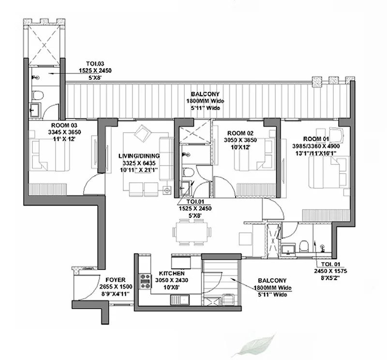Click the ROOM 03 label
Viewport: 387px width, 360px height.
click(64, 125)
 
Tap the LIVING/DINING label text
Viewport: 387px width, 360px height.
click(139, 156)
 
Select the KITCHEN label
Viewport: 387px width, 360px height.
click(172, 273)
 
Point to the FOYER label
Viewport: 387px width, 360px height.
click(116, 280)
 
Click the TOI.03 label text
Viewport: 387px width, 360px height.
click(95, 64)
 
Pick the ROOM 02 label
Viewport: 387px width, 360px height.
click(240, 134)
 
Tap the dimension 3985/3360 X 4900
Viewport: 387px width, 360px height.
click(316, 146)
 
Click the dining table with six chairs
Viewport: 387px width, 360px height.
click(192, 232)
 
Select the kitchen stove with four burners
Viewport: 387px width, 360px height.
click(146, 281)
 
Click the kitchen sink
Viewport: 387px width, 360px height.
click(179, 300)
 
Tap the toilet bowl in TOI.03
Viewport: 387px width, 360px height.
click(38, 95)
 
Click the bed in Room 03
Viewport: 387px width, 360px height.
click(49, 155)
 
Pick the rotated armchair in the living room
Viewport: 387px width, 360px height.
click(142, 133)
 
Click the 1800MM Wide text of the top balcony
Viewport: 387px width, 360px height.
click(205, 101)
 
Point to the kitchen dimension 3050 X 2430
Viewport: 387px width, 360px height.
click(172, 280)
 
